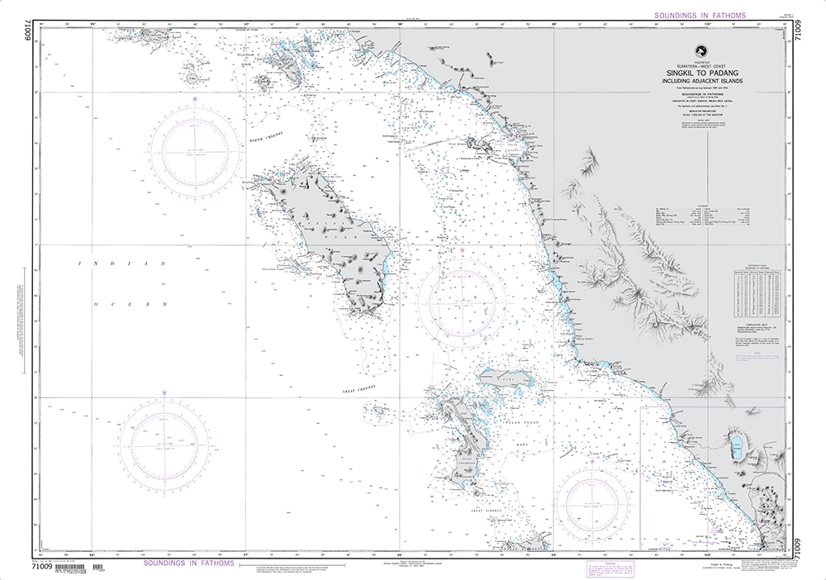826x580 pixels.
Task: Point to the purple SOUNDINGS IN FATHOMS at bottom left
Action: [x=189, y=563]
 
